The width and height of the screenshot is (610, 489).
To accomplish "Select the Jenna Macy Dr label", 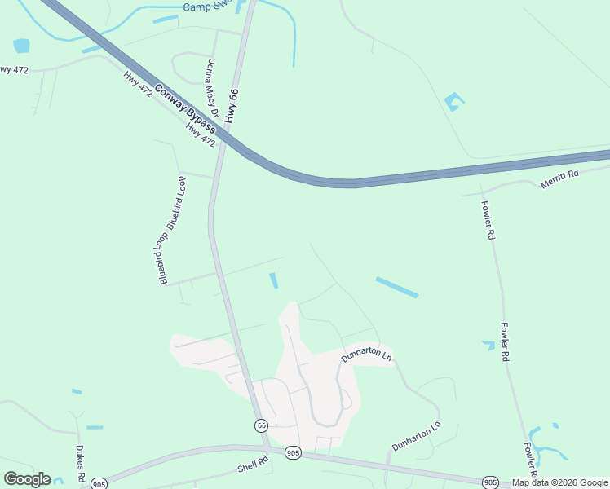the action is point(212,84).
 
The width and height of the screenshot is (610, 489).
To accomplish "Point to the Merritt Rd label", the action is point(559,179).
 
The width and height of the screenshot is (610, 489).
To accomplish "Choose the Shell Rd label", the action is point(253,465).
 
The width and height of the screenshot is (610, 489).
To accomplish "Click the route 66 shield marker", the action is point(261,425).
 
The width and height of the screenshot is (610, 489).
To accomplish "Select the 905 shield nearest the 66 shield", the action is point(294,453).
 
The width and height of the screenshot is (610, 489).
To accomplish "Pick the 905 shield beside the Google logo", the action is point(99,483).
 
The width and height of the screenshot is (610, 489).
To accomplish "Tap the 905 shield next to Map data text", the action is point(489,482).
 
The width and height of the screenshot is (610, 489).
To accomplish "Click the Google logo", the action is point(27,479).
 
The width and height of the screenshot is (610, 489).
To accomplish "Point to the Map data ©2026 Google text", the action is point(559,482).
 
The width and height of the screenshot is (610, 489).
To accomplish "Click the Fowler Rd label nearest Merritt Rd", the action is point(488,219).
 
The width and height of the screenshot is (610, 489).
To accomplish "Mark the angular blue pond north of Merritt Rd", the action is point(453,102).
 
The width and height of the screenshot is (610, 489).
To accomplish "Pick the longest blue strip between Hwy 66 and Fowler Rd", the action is point(396,287).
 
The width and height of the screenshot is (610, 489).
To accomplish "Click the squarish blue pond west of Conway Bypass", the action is point(21,46).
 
